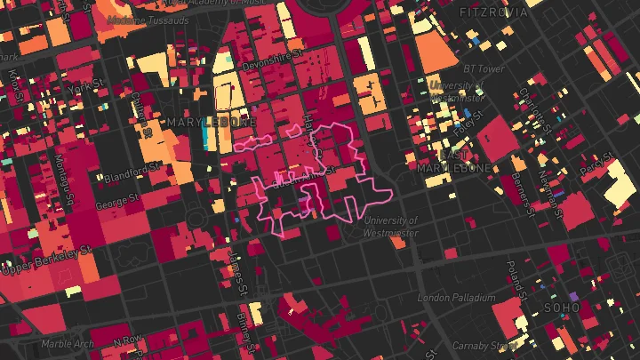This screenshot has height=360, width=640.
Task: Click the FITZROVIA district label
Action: point(493,12)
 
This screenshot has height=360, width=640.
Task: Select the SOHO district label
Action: point(561,308)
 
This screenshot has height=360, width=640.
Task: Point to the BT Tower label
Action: point(484,68)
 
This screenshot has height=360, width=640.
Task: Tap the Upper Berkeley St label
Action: point(48,259)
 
